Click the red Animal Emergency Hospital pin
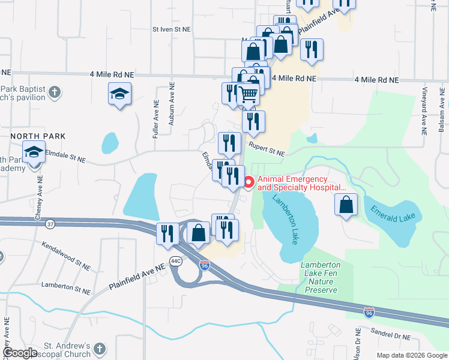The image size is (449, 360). point(250,181)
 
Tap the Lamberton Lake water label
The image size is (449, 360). point(286,219)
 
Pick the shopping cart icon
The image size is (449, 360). point(248,94)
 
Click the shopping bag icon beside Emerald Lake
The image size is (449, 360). point(346,205)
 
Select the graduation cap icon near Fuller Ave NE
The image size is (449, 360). point(120,94)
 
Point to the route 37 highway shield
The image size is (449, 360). point(50,224)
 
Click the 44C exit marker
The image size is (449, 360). point(175,261)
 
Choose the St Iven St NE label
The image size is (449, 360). point(171,28)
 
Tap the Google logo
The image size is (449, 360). point(20,353)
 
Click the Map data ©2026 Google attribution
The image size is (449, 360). point(411,355)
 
